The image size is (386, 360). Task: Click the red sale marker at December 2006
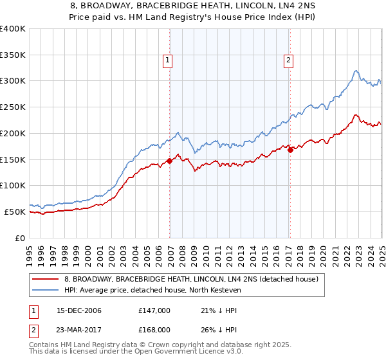[x=170, y=161]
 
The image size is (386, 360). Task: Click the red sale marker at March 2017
[x=290, y=150]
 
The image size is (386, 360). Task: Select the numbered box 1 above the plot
[x=167, y=61]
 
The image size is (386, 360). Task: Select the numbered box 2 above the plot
[x=288, y=61]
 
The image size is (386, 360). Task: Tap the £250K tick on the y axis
[x=13, y=107]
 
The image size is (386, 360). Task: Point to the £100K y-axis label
[x=13, y=186]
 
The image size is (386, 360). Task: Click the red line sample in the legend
[x=46, y=279]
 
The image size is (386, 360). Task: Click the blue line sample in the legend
[x=46, y=291]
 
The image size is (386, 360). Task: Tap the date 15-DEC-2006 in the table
[x=79, y=310]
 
